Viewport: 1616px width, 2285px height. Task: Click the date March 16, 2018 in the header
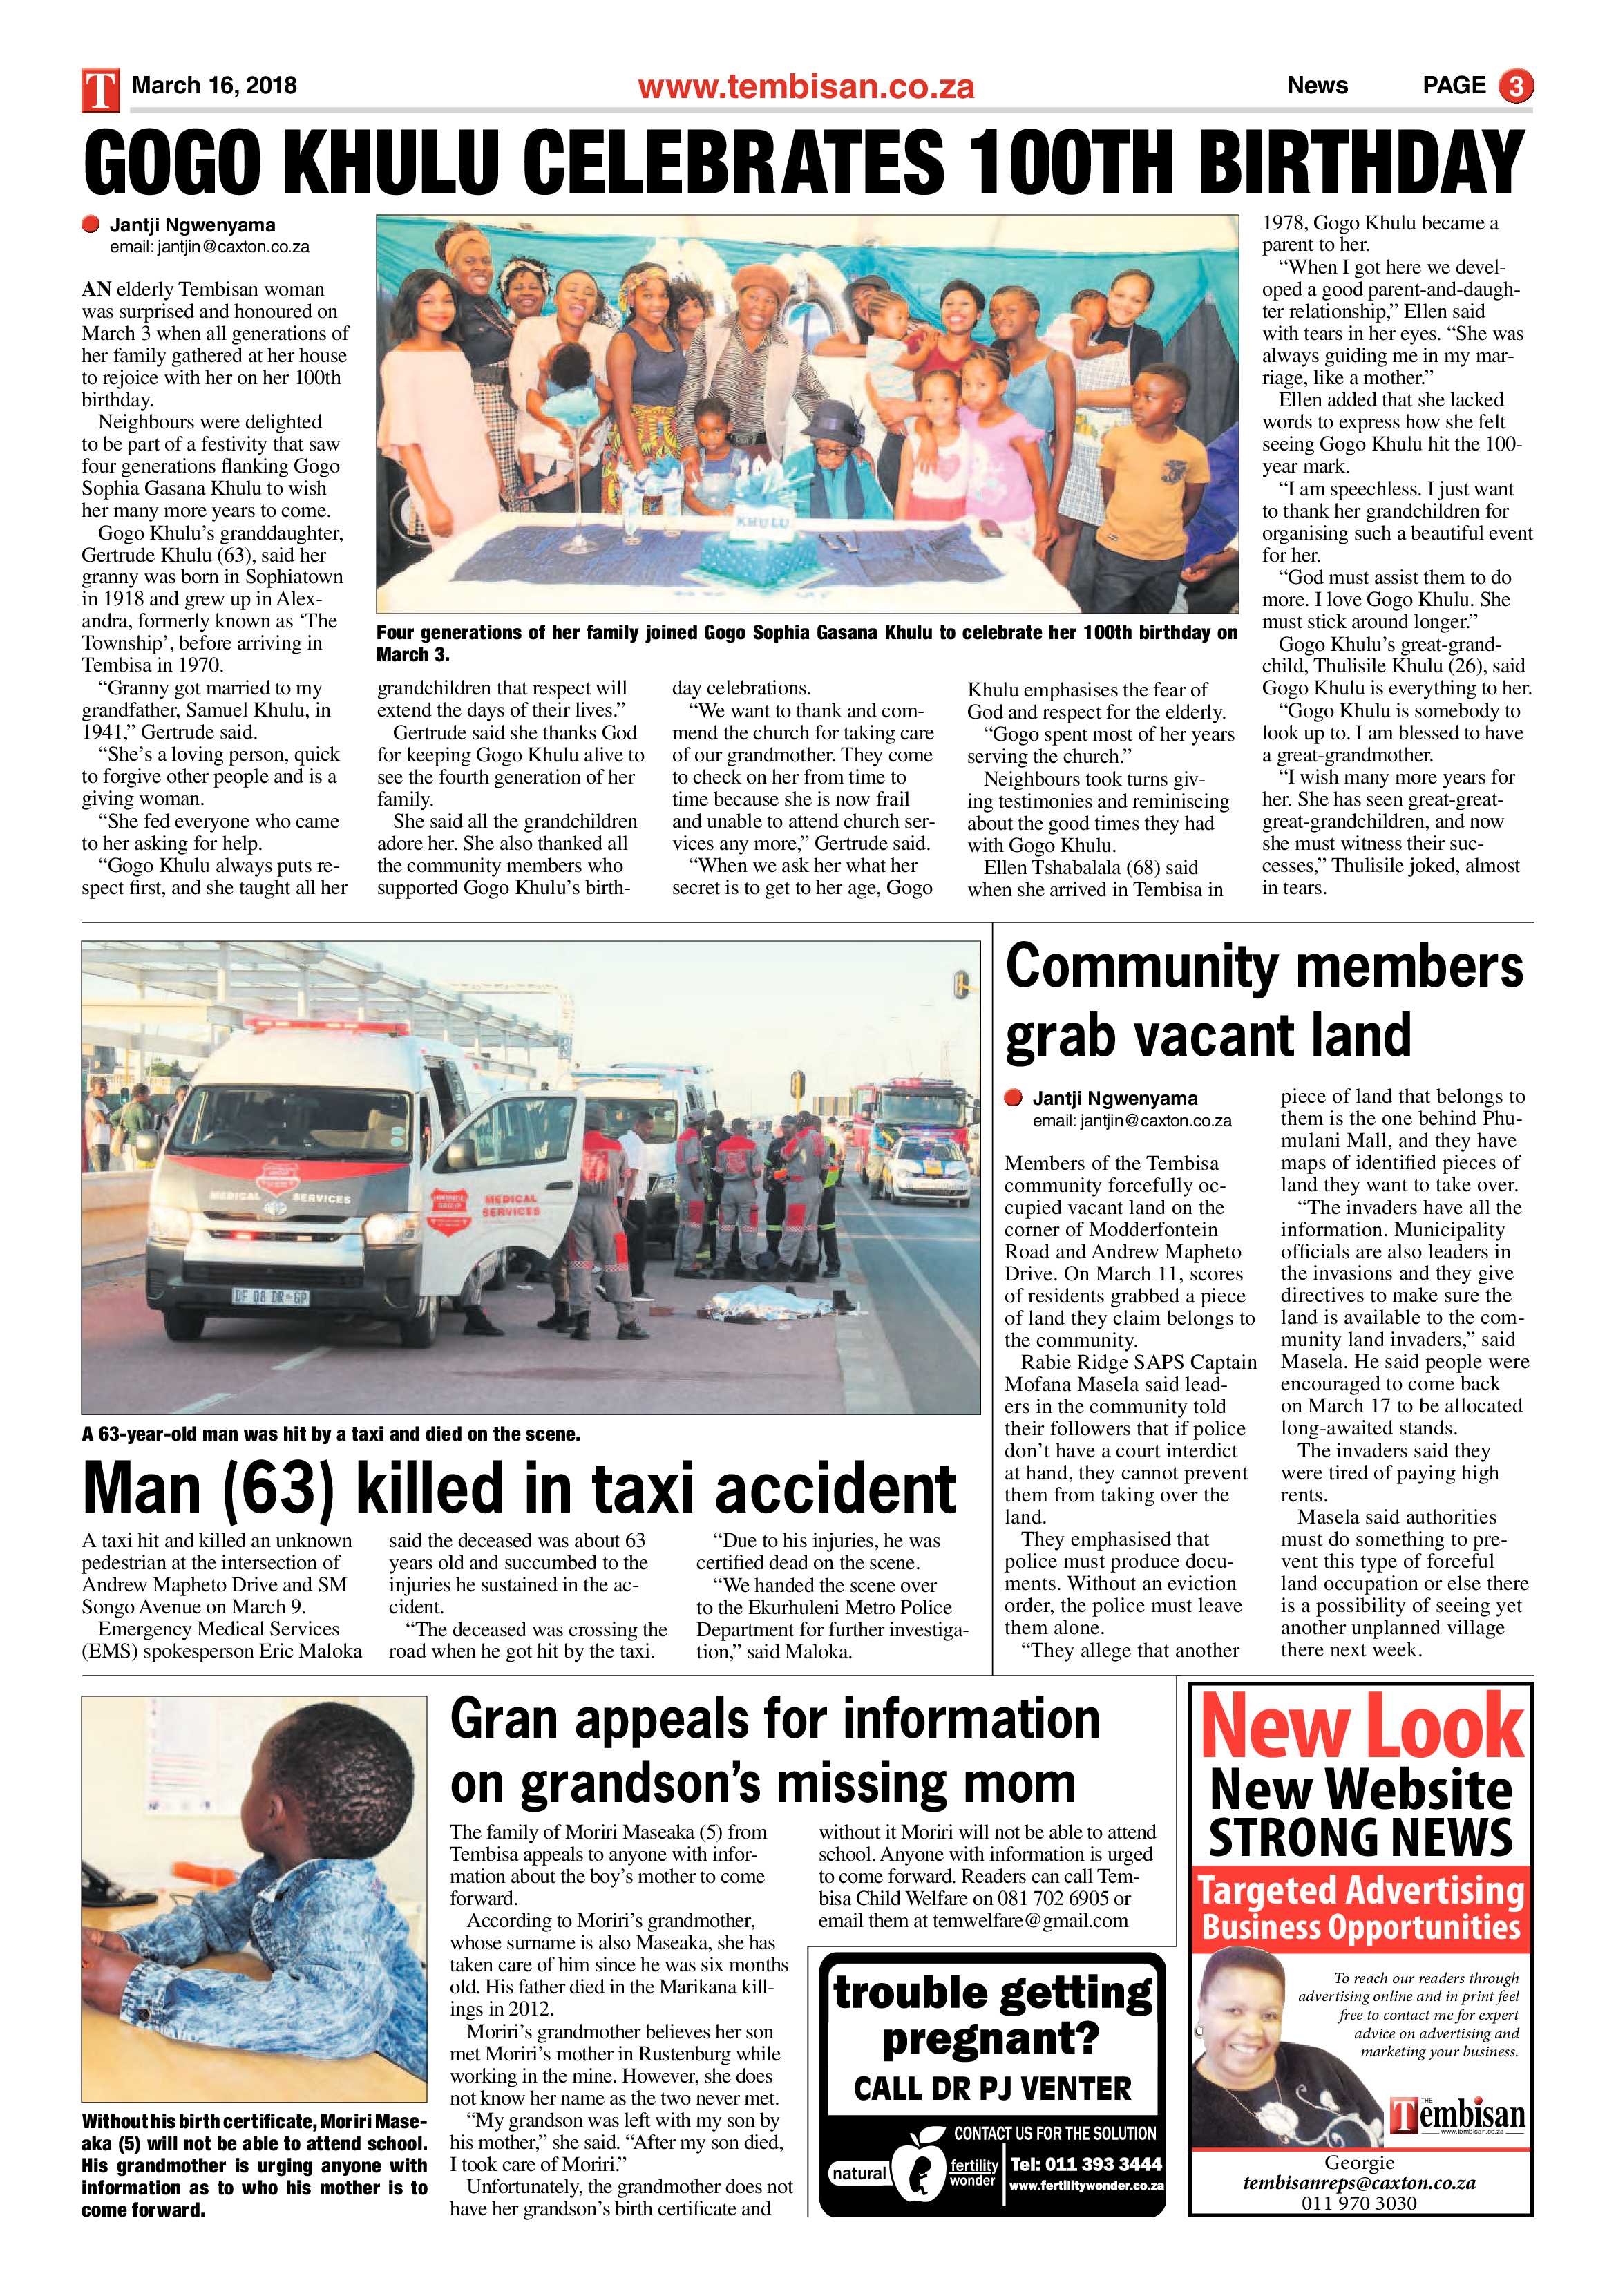click(x=214, y=86)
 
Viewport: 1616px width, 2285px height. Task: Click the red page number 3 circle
click(x=1516, y=86)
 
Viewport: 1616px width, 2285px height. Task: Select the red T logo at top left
click(x=100, y=90)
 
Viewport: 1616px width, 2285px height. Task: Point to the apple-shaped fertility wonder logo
click(x=918, y=2170)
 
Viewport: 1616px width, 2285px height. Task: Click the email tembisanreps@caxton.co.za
click(x=1359, y=2183)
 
